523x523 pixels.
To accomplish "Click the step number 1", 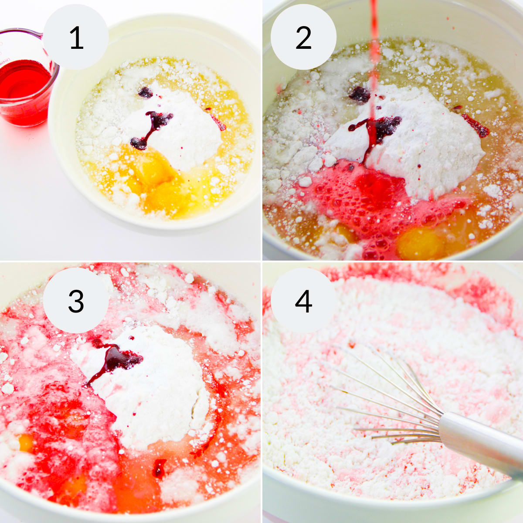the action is point(77,37).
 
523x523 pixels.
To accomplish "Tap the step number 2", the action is point(303,37).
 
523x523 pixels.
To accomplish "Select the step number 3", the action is point(76,301).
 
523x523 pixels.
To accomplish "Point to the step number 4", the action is point(303,301).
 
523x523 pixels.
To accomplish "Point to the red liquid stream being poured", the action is point(374,68).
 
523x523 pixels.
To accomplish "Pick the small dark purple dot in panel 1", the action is point(146,92).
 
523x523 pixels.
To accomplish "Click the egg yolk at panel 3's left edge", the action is point(26,443).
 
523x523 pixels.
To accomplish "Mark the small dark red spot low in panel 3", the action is point(159,468).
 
